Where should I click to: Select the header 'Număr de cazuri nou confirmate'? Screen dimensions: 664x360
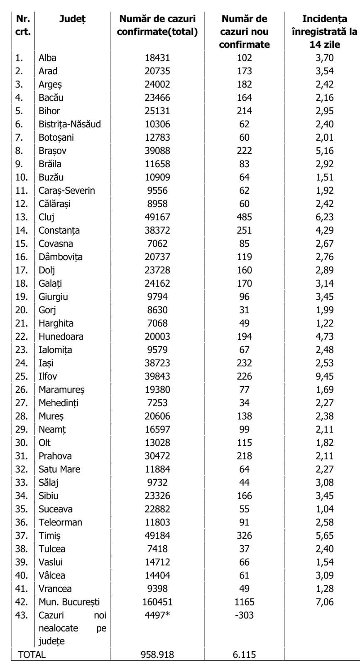point(244,32)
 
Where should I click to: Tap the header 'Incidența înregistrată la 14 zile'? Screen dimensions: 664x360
point(324,32)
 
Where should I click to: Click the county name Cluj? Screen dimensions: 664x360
point(47,217)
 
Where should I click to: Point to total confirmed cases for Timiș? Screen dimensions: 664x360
point(157,536)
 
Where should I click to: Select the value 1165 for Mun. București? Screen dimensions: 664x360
point(244,602)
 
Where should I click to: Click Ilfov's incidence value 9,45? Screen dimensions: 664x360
point(325,376)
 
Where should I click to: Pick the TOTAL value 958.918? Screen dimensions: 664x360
point(157,655)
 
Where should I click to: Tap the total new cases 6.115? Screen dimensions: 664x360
point(244,655)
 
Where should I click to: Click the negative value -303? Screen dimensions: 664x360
point(244,615)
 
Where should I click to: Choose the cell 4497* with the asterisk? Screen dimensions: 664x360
point(157,615)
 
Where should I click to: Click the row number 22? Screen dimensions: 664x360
point(22,337)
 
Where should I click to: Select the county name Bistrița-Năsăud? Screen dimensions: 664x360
point(70,124)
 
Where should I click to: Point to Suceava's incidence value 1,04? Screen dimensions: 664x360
point(325,509)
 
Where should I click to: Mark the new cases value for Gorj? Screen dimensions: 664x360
point(244,310)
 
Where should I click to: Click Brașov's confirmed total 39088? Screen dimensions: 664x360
point(157,151)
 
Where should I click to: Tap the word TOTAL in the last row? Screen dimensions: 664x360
point(32,655)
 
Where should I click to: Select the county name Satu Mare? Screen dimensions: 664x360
point(59,469)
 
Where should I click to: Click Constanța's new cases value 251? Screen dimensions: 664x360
point(244,230)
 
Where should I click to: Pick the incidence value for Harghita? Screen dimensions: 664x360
point(325,323)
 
